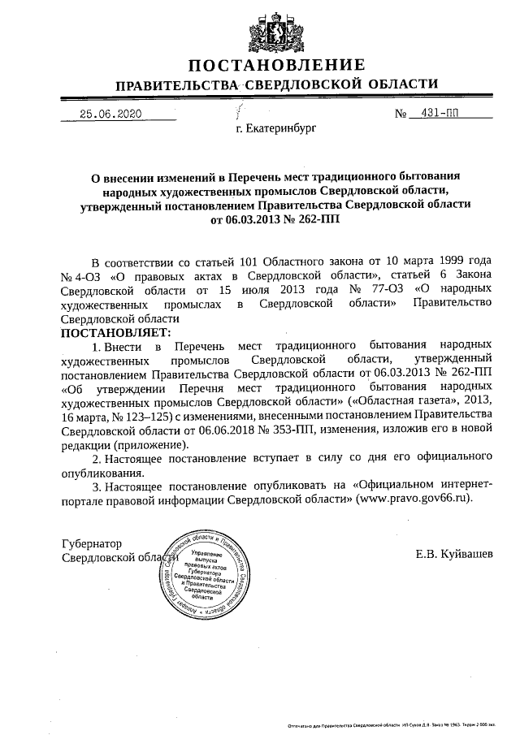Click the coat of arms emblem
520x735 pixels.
click(x=266, y=32)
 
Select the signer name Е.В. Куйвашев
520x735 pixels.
click(x=453, y=555)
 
